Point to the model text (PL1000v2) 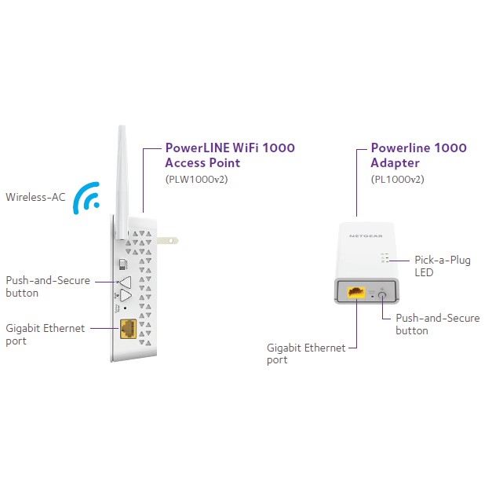(x=398, y=179)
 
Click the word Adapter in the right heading (x=395, y=163)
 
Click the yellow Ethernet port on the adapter (x=355, y=293)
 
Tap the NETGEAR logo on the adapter (x=367, y=235)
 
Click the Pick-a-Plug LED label (x=442, y=266)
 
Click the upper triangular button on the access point (x=124, y=281)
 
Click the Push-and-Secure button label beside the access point (x=47, y=286)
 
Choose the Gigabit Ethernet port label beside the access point (x=45, y=334)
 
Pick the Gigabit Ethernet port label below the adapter (x=305, y=353)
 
